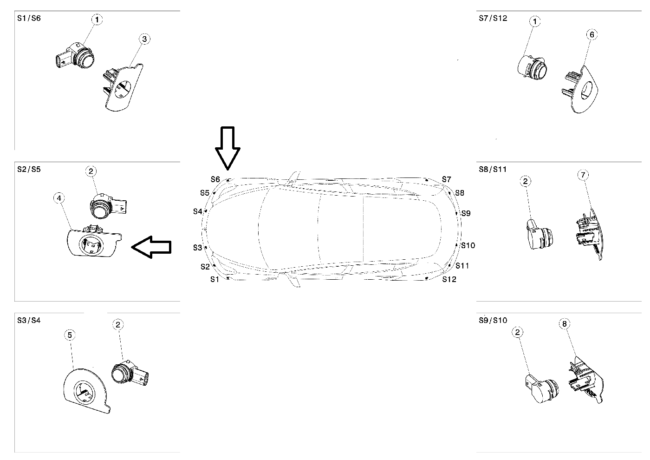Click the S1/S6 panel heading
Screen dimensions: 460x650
point(29,19)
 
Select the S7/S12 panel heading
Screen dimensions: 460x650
point(493,19)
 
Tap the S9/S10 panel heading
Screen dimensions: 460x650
point(493,320)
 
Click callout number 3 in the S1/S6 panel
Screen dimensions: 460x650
point(144,39)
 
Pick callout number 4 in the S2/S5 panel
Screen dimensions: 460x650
point(58,198)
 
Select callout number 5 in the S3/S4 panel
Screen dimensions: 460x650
point(70,335)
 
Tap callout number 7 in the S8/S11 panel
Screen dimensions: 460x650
point(583,175)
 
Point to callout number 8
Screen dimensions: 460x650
point(565,324)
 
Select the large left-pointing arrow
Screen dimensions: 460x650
point(152,246)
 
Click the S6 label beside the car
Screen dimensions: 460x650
point(215,179)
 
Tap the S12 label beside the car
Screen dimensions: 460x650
point(449,279)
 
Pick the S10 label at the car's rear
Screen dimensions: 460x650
point(468,245)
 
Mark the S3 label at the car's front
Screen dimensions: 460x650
point(198,248)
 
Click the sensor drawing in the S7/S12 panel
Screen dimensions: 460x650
point(532,67)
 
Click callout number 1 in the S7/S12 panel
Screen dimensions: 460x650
point(535,21)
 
